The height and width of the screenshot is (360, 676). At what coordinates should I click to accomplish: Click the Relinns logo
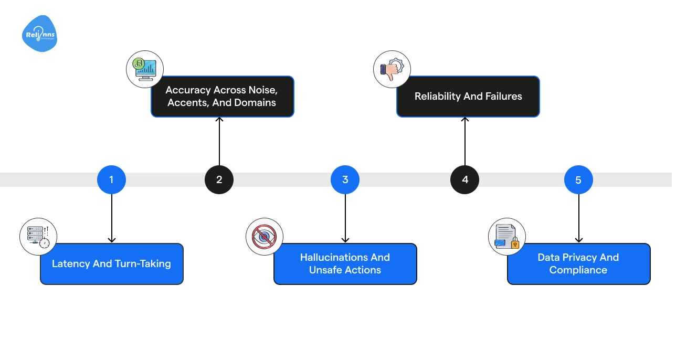point(39,34)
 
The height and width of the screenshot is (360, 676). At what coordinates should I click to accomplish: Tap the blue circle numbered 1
point(111,179)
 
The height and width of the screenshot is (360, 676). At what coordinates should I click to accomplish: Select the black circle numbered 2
point(219,179)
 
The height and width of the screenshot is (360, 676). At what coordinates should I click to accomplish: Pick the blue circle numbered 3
point(345,179)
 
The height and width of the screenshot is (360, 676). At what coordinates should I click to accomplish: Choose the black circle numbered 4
point(464,179)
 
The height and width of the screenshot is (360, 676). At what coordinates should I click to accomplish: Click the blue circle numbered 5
point(578,179)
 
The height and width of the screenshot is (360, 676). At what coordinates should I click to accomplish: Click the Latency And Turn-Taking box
point(112,263)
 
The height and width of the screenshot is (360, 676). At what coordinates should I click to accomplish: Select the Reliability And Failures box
point(468,97)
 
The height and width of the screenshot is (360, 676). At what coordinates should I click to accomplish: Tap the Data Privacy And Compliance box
point(578,263)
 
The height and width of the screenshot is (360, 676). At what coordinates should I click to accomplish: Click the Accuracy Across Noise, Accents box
point(222,97)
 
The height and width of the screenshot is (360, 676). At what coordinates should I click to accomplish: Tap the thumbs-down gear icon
point(392,69)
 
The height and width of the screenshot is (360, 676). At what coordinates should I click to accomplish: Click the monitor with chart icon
point(145,69)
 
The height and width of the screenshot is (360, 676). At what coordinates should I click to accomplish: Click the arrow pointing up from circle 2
point(219,142)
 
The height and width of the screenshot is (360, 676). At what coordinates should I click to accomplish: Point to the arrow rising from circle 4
point(465,142)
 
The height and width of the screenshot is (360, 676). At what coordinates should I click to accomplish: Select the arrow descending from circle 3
point(345,218)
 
